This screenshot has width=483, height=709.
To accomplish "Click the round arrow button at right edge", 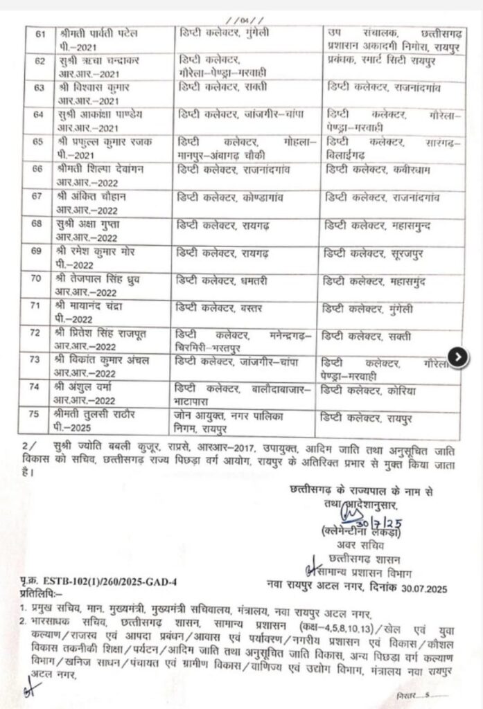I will tap(458, 355).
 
